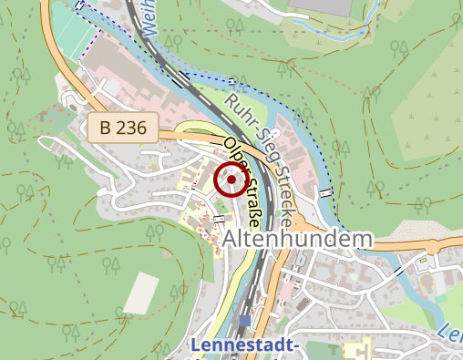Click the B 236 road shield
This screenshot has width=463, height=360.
click(124, 128)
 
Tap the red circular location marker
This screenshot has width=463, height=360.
click(231, 180)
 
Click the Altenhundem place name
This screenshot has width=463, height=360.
click(298, 239)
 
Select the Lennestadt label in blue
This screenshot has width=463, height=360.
click(246, 346)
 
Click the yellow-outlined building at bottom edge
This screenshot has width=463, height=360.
click(358, 350)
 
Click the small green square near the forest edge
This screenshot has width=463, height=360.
click(50, 118)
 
